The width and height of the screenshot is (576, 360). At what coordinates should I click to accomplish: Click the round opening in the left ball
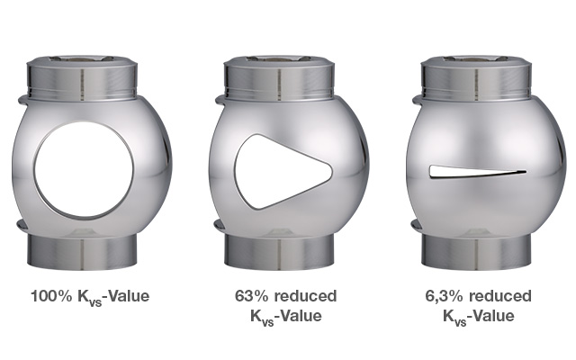point(84,169)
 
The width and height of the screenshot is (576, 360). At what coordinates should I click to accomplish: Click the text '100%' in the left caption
point(51,296)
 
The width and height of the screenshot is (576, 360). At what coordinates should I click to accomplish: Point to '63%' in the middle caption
point(252,296)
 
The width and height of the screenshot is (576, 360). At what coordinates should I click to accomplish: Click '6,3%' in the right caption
point(444,296)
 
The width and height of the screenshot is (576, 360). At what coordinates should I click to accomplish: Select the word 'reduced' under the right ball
point(500,296)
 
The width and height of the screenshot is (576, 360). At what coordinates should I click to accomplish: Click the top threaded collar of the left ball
point(82,78)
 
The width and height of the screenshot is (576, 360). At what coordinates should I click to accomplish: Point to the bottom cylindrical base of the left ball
point(82,251)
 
